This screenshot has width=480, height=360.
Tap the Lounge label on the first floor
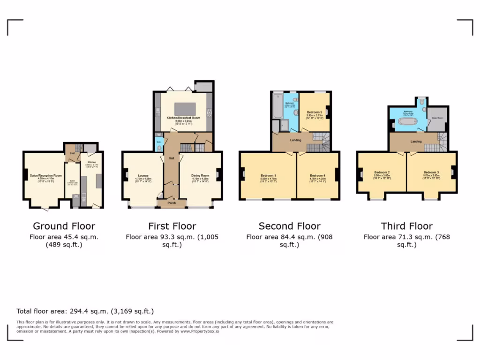click(143, 176)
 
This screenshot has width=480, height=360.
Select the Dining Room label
click(200, 176)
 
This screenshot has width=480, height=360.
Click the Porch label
click(172, 203)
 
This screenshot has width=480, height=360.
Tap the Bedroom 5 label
click(314, 112)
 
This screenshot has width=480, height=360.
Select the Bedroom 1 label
click(268, 176)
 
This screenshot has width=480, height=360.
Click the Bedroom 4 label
click(317, 176)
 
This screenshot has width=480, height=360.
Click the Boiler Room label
click(437, 112)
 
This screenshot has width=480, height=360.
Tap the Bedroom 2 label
click(382, 172)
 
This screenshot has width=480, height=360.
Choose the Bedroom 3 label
click(431, 172)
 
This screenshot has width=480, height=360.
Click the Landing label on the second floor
click(295, 139)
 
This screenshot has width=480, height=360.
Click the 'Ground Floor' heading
click(64, 226)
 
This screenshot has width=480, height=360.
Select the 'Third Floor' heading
click(407, 226)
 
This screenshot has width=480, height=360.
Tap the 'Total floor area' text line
click(85, 311)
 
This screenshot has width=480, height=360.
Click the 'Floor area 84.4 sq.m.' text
click(289, 237)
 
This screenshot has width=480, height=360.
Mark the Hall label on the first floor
click(172, 158)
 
